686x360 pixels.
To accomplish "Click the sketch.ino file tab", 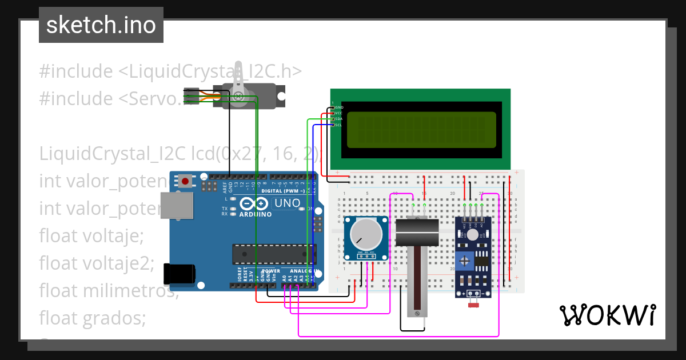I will coord(101,25).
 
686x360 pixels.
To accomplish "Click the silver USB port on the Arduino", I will coord(177,206).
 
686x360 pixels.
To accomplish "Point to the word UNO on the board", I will coord(288,203).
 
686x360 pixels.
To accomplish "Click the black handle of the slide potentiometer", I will coord(417,232).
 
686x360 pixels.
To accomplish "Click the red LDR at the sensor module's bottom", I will coord(473,305).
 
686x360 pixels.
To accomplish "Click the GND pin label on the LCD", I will coord(338,107).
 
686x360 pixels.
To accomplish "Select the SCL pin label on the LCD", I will coord(338,125).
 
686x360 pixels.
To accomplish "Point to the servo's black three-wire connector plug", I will coord(192,95).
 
